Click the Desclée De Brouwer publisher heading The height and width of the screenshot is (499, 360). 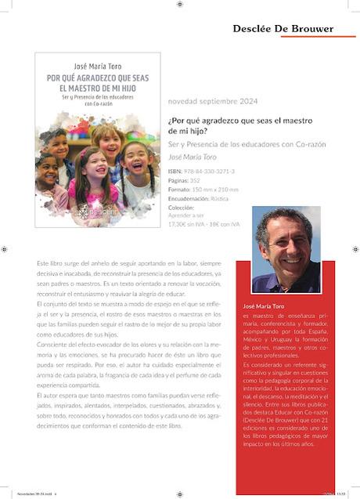pos(283,29)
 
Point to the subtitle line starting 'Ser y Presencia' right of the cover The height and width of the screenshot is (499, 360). pos(236,145)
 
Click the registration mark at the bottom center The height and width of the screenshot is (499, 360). pos(179,490)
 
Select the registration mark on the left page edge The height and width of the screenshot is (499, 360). pos(5,249)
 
